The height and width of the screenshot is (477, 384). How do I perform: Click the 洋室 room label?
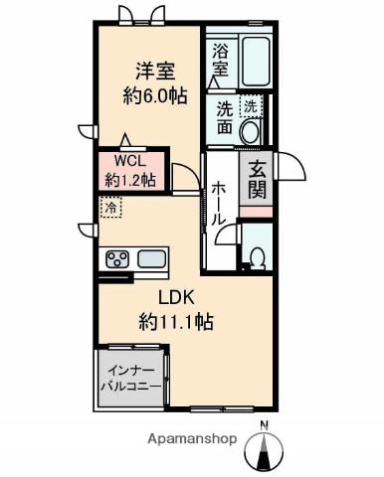pos(155,71)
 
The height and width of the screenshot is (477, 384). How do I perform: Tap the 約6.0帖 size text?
pos(155,96)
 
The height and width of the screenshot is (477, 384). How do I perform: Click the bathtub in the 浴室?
pos(255,62)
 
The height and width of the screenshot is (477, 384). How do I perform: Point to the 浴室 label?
pos(220,61)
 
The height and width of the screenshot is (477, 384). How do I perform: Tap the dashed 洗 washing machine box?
pos(251,106)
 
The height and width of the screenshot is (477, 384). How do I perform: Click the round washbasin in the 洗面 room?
pos(251,132)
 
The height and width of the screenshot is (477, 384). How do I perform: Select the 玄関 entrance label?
pos(257,180)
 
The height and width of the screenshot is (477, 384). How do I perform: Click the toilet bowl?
pos(258,258)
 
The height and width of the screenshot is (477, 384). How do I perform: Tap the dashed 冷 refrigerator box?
pos(111,208)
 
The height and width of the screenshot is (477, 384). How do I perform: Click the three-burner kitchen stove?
pos(117,258)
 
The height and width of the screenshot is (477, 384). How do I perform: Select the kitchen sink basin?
pos(152,258)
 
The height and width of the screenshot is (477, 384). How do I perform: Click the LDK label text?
pos(176,298)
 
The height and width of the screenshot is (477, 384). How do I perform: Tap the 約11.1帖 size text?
pos(176,322)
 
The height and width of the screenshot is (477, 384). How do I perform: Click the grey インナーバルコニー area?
pos(131,378)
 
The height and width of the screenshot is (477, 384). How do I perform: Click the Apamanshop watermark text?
pos(192,439)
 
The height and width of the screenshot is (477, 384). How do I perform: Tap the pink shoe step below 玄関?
pos(256,212)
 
